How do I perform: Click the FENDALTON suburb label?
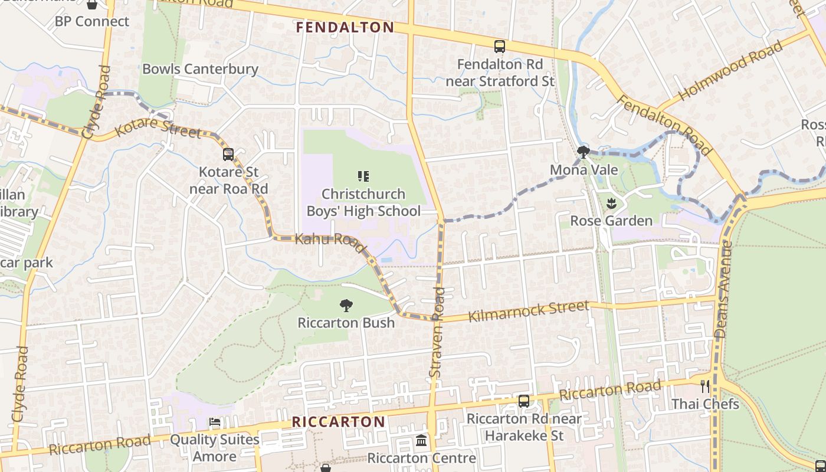pyautogui.click(x=345, y=27)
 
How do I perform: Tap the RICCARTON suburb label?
pyautogui.click(x=339, y=422)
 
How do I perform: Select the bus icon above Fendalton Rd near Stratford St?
pyautogui.click(x=500, y=46)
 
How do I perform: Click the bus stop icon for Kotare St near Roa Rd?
pyautogui.click(x=228, y=155)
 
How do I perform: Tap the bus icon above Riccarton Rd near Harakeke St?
pyautogui.click(x=523, y=401)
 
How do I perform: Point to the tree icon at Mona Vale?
pyautogui.click(x=584, y=152)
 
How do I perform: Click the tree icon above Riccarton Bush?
pyautogui.click(x=346, y=305)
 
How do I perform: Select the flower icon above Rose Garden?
pyautogui.click(x=611, y=204)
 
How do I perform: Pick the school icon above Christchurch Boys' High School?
pyautogui.click(x=363, y=176)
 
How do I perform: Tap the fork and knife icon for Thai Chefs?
pyautogui.click(x=705, y=386)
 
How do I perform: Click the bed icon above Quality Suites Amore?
pyautogui.click(x=215, y=422)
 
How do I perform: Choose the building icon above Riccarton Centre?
pyautogui.click(x=421, y=441)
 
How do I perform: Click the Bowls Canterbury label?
pyautogui.click(x=200, y=69)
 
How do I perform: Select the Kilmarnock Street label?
pyautogui.click(x=528, y=311)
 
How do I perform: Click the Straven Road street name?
pyautogui.click(x=437, y=332)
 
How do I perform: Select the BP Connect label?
pyautogui.click(x=91, y=21)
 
